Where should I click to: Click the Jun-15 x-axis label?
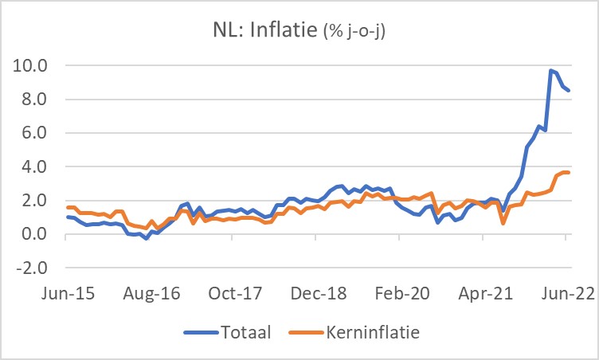tap(67, 292)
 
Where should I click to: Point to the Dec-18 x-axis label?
tap(318, 292)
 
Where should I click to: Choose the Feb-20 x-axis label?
tap(401, 292)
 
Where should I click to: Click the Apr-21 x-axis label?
tap(484, 292)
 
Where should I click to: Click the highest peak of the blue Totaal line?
tap(550, 71)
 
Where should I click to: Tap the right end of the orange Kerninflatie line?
tap(568, 173)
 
